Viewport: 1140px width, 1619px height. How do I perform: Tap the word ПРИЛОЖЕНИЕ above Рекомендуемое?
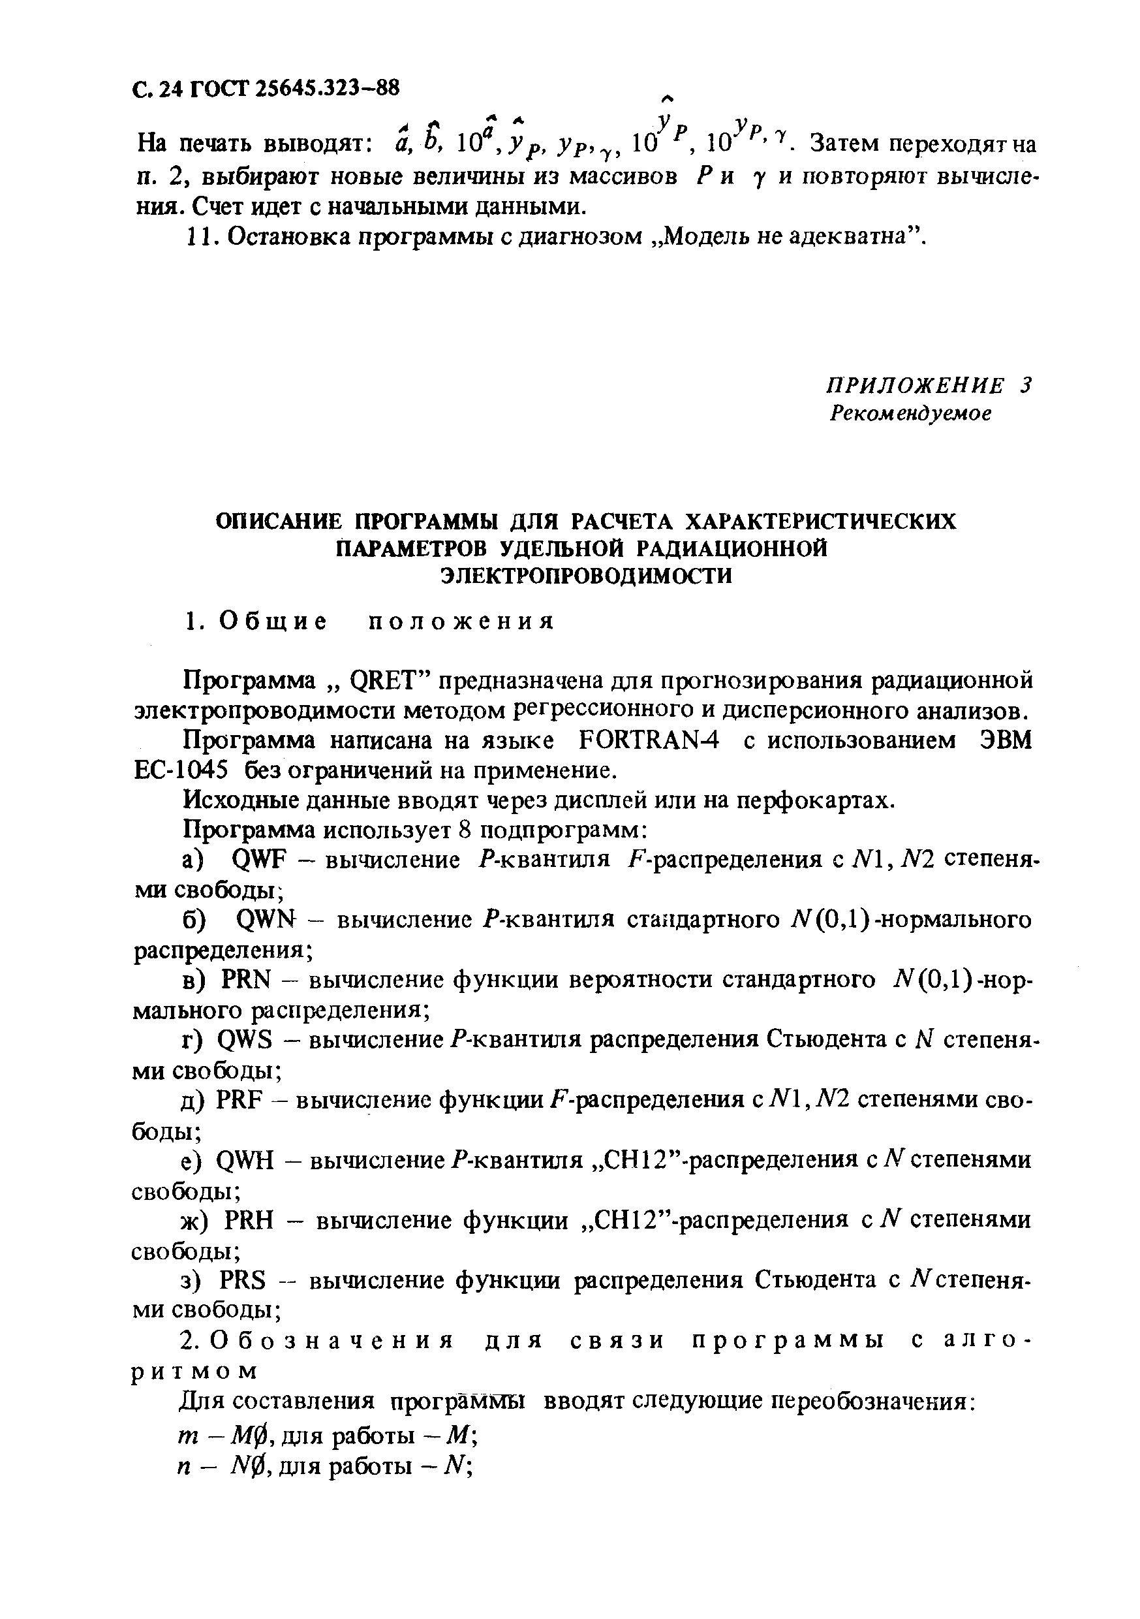click(914, 385)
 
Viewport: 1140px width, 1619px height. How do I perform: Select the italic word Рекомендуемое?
click(910, 413)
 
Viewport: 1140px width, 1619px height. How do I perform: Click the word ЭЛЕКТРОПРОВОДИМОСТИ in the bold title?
click(586, 575)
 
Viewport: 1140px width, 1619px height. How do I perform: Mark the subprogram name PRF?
click(239, 1099)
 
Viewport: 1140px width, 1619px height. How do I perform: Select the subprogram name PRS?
click(243, 1279)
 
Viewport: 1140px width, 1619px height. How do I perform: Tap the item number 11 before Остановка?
click(193, 236)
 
